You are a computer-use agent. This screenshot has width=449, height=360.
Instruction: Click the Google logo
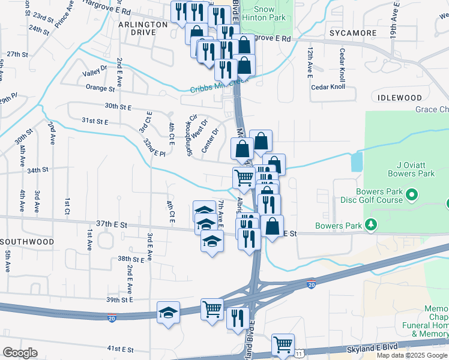click(x=20, y=353)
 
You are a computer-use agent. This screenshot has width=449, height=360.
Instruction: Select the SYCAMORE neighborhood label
click(x=352, y=33)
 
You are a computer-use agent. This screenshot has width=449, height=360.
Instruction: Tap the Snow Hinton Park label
click(x=264, y=14)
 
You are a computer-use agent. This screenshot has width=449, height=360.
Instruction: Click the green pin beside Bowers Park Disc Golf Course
click(x=412, y=195)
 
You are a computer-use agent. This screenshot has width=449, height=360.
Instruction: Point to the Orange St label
click(x=100, y=88)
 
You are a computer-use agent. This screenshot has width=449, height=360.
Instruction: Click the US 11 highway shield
click(x=300, y=354)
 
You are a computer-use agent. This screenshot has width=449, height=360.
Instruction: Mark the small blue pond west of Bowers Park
click(x=357, y=161)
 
